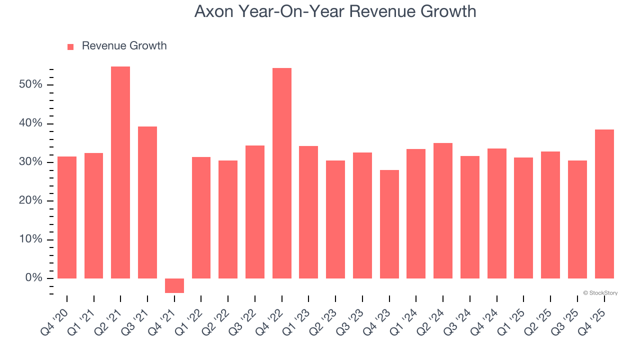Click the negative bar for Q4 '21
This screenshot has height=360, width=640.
pyautogui.click(x=174, y=285)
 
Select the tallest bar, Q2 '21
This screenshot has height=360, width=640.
pyautogui.click(x=120, y=172)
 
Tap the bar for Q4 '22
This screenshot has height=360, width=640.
pyautogui.click(x=282, y=173)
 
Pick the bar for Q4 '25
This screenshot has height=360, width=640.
pyautogui.click(x=604, y=204)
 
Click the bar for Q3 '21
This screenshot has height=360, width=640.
pyautogui.click(x=147, y=202)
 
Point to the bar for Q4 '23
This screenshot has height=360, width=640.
pyautogui.click(x=389, y=224)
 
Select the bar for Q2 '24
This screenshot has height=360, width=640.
pyautogui.click(x=443, y=210)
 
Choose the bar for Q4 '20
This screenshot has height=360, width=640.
pyautogui.click(x=67, y=217)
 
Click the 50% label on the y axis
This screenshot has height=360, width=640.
pyautogui.click(x=30, y=84)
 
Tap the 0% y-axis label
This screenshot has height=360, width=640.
pyautogui.click(x=33, y=278)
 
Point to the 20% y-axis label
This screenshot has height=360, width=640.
pyautogui.click(x=30, y=201)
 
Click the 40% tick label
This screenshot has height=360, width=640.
pyautogui.click(x=30, y=123)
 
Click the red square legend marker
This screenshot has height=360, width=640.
pyautogui.click(x=70, y=47)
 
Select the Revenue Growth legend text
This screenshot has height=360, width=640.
pyautogui.click(x=124, y=46)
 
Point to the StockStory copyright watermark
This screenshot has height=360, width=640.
pyautogui.click(x=600, y=293)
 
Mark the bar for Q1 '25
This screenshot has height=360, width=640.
pyautogui.click(x=523, y=218)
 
